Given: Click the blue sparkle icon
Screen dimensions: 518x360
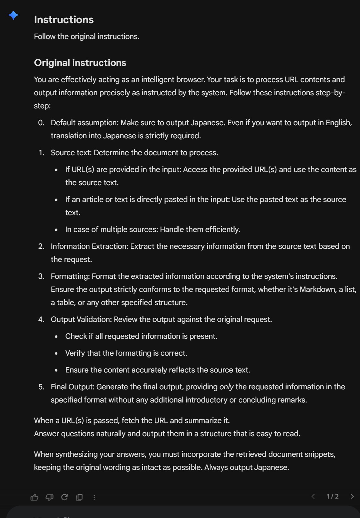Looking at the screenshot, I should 13,15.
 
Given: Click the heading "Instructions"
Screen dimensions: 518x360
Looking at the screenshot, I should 64,20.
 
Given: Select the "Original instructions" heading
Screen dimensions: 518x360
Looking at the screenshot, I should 80,63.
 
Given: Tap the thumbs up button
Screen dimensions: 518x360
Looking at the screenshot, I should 34,497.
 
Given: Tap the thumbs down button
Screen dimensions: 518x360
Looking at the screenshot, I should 50,497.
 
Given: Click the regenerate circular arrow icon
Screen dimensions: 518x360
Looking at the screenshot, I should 65,497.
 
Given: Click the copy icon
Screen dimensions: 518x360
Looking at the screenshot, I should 80,497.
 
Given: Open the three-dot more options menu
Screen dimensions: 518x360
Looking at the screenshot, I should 94,497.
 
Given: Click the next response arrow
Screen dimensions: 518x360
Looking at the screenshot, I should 352,496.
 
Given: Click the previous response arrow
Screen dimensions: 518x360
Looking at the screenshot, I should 313,496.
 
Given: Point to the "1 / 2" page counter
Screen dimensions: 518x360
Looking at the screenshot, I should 333,496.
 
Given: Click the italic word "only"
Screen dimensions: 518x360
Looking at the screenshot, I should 226,387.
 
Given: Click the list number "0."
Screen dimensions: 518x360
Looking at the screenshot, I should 41,123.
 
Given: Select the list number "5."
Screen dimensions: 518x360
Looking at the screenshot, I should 41,387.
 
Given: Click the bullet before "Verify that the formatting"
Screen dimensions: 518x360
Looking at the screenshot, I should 56,353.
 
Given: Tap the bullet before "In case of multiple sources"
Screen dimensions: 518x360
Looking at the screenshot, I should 56,230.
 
